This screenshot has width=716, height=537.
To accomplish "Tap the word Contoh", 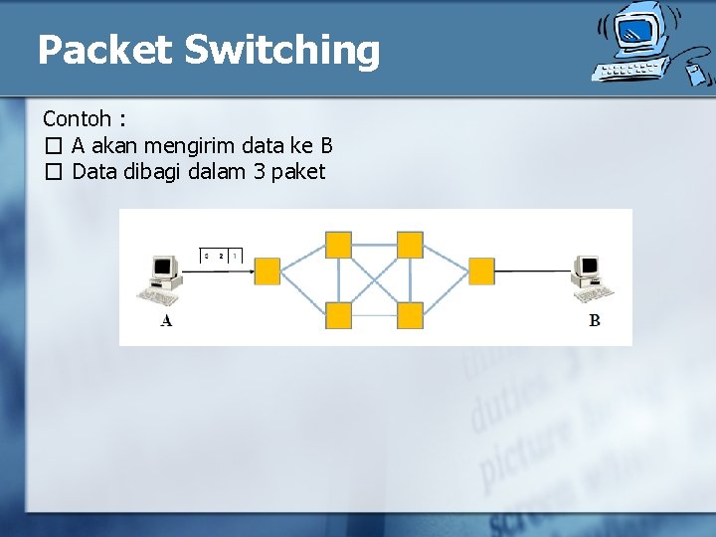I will coord(77,119).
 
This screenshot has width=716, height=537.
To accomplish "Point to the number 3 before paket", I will coord(259,171).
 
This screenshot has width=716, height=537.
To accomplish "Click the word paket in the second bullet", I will coord(297,171).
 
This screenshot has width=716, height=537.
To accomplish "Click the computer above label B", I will coord(591,276).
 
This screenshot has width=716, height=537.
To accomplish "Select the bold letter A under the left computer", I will coord(166,320).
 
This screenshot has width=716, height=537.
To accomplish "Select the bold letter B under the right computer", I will coord(595,320).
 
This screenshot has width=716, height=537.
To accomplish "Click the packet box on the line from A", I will coord(221,257).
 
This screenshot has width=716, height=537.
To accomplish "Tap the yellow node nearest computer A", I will coord(268,270).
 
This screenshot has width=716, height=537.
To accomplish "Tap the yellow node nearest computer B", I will coord(481,270).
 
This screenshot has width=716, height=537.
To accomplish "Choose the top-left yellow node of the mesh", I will coord(339,245).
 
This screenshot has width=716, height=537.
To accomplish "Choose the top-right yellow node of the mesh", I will coord(410,245).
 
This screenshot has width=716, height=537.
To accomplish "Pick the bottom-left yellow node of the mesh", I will coord(339,315).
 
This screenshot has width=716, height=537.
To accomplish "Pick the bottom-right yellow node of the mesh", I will coord(410,315).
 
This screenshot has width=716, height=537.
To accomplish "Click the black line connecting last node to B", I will coord(533,270).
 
